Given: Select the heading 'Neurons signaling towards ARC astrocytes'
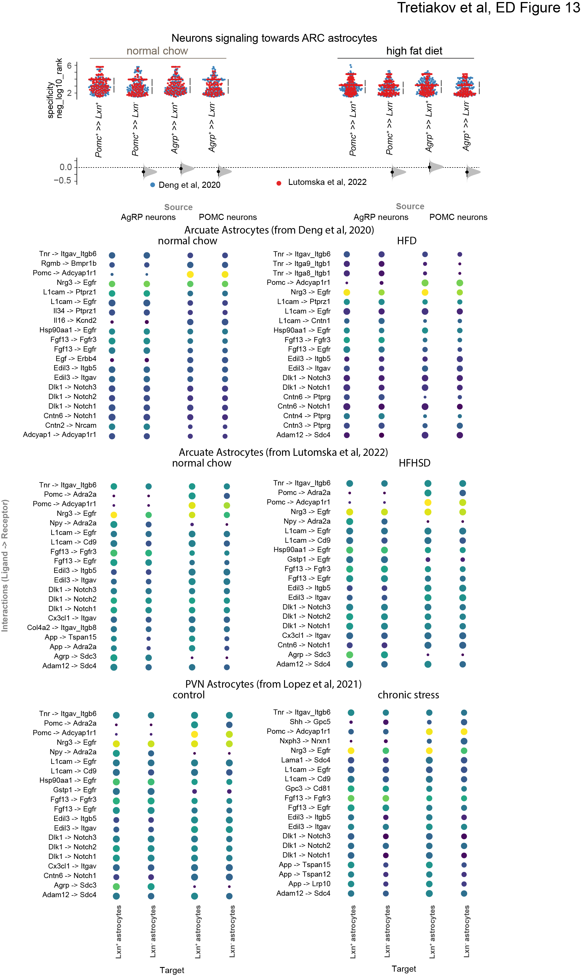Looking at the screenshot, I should click(274, 38).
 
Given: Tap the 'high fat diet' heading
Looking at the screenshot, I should click(414, 51).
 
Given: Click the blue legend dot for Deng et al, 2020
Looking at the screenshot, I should click(153, 185).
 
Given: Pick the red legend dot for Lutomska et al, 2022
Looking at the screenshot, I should click(279, 183).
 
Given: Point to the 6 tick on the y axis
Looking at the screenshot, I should click(69, 66).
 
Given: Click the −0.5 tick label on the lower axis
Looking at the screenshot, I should click(63, 181).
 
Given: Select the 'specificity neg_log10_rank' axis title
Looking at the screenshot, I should click(54, 88).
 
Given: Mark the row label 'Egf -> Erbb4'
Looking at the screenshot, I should click(76, 358).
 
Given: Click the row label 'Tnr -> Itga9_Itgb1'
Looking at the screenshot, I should click(302, 264).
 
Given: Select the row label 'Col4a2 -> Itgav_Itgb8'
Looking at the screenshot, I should click(61, 627).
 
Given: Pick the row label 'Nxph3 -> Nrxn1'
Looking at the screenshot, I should click(305, 741).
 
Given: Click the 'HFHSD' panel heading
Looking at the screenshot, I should click(414, 463).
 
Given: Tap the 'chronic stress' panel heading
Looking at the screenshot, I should click(408, 695).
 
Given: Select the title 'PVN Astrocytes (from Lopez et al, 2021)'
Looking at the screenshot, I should click(273, 684).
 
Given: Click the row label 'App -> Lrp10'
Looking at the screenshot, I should click(309, 884).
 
